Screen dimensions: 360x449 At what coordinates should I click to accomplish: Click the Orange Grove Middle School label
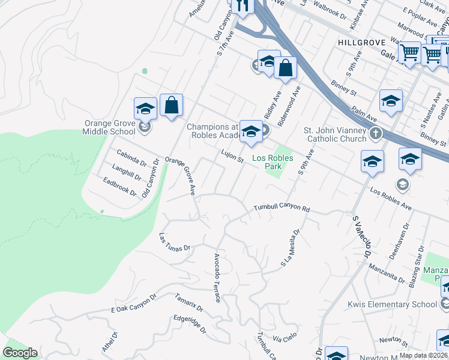(110, 128)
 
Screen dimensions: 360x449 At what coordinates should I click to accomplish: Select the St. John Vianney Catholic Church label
(335, 134)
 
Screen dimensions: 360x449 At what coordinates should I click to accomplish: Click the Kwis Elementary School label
(393, 304)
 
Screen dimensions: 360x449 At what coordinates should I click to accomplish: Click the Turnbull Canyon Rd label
(281, 208)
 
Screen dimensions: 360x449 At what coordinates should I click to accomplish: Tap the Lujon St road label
(232, 157)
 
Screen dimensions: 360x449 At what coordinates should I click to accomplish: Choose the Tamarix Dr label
(189, 301)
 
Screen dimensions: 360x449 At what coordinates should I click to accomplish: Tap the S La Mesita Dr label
(291, 248)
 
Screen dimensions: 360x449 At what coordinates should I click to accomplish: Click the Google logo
(20, 353)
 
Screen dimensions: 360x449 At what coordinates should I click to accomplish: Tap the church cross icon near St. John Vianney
(376, 133)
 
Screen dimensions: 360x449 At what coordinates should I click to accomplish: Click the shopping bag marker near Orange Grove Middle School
(171, 106)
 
